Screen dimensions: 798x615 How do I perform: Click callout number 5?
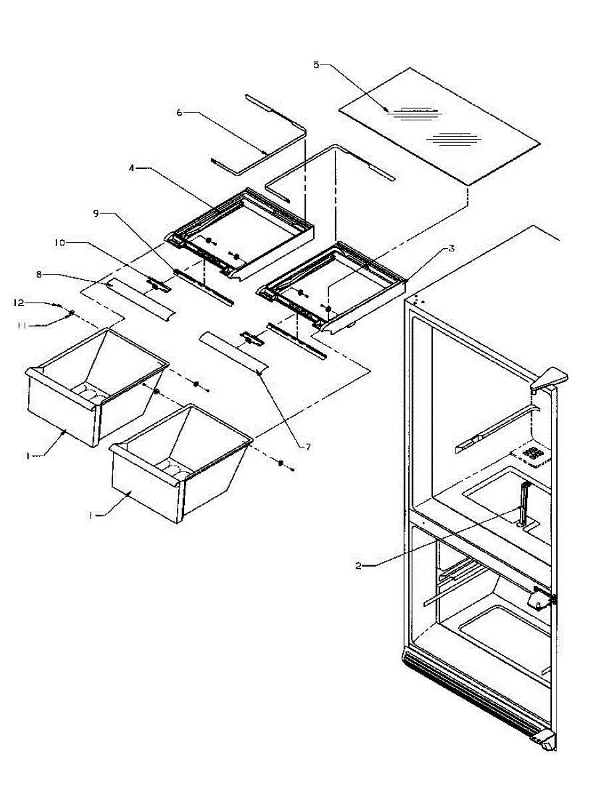click(x=316, y=65)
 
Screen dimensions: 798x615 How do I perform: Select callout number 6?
click(x=180, y=113)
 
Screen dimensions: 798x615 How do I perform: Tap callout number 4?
click(x=133, y=169)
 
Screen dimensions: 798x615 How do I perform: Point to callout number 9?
click(x=96, y=213)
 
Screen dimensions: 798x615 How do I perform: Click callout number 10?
click(x=59, y=243)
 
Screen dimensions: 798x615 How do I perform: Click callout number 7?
click(x=308, y=447)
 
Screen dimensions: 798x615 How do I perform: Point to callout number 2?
click(x=358, y=565)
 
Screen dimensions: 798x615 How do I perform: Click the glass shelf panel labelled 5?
click(x=439, y=126)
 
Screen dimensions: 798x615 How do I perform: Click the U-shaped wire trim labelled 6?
click(x=273, y=133)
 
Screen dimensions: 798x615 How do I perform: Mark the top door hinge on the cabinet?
click(x=549, y=379)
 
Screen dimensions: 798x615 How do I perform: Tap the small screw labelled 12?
click(x=60, y=307)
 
